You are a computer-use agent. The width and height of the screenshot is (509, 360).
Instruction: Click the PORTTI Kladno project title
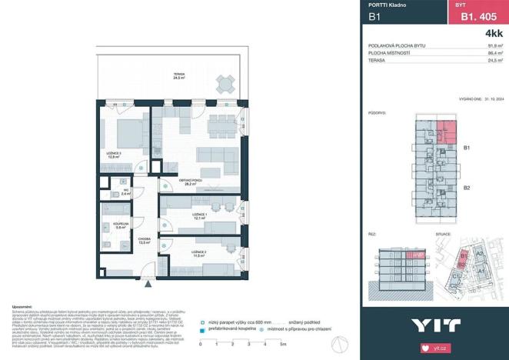pyautogui.click(x=388, y=5)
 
